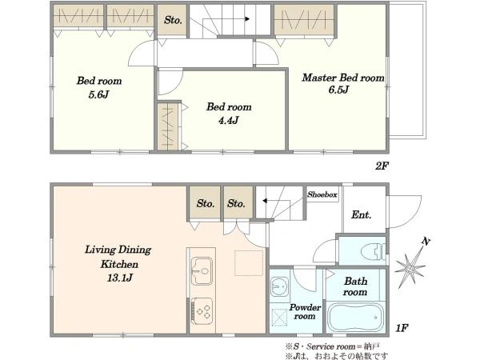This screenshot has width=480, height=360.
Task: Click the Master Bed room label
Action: (343, 78)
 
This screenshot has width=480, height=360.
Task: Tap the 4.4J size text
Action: (228, 121)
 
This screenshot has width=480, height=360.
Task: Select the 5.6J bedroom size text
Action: (98, 94)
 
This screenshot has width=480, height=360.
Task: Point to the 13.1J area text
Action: (120, 278)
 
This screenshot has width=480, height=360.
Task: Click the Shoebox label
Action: (322, 194)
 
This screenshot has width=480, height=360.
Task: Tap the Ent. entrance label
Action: (362, 214)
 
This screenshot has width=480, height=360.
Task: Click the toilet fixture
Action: (373, 251)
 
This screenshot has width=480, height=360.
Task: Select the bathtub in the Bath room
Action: (356, 317)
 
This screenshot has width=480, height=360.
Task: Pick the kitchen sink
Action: (202, 271)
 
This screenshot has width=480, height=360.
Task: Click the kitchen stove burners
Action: (202, 311)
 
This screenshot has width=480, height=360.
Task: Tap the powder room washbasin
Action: (280, 286)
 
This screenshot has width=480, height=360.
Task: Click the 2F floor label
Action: (382, 166)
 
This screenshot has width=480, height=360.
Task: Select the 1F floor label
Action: (402, 328)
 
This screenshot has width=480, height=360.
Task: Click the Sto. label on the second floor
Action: (173, 20)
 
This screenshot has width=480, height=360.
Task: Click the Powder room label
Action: (305, 312)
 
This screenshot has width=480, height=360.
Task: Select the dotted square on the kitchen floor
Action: (249, 263)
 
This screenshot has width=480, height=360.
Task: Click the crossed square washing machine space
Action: (279, 318)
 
